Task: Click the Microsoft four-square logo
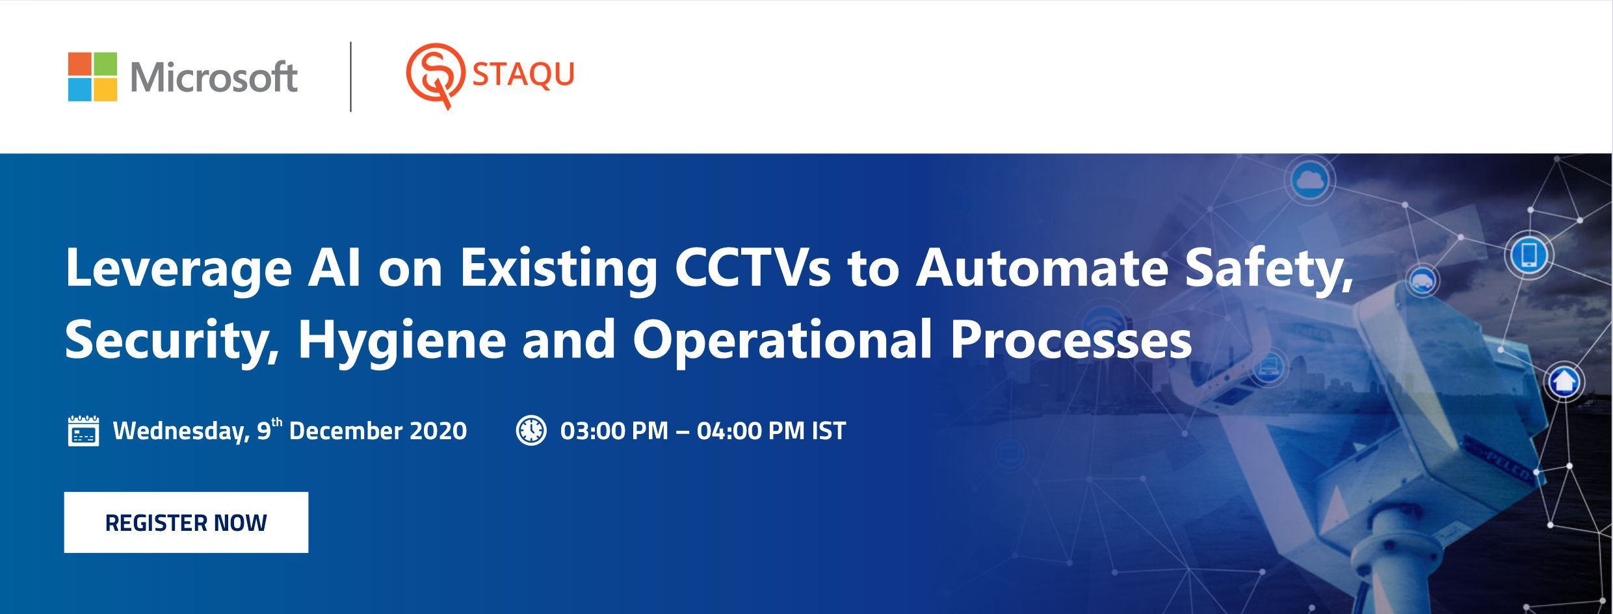pyautogui.click(x=93, y=77)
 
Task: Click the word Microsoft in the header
pyautogui.click(x=214, y=77)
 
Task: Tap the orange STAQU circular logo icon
pyautogui.click(x=435, y=75)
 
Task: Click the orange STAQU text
pyautogui.click(x=523, y=74)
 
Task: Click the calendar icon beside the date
pyautogui.click(x=84, y=431)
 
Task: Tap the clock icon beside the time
pyautogui.click(x=531, y=430)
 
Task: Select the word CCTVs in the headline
pyautogui.click(x=753, y=268)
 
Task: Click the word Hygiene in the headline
pyautogui.click(x=402, y=340)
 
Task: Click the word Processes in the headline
pyautogui.click(x=1071, y=339)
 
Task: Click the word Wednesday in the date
pyautogui.click(x=181, y=431)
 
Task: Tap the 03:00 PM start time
pyautogui.click(x=614, y=431)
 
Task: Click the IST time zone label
pyautogui.click(x=829, y=431)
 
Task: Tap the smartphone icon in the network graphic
pyautogui.click(x=1529, y=254)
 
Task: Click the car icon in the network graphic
pyautogui.click(x=1421, y=281)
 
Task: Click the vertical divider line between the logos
pyautogui.click(x=351, y=77)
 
